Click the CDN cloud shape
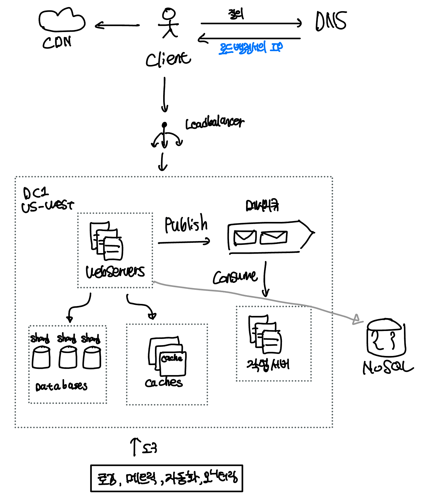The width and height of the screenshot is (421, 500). click(62, 21)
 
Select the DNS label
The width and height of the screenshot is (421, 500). click(331, 21)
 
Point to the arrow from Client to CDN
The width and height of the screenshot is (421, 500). click(117, 26)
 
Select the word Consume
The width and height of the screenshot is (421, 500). click(235, 277)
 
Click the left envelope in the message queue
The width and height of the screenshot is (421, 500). click(245, 238)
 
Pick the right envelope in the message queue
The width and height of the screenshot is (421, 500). click(273, 237)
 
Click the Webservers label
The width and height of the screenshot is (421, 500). click(115, 272)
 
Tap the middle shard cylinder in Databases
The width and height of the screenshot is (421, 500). click(68, 357)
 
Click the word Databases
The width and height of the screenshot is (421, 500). click(61, 386)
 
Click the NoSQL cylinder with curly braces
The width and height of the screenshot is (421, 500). click(385, 338)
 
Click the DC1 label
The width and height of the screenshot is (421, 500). click(36, 193)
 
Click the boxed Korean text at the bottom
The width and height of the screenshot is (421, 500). click(167, 479)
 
